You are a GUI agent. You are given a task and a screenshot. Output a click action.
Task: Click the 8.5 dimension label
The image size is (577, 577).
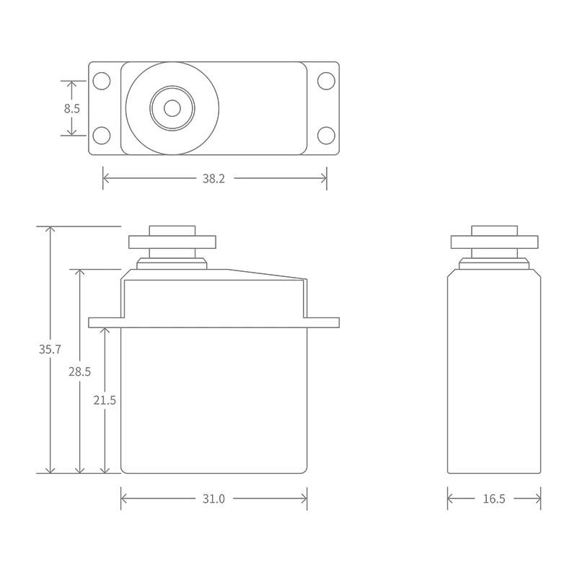click(x=71, y=109)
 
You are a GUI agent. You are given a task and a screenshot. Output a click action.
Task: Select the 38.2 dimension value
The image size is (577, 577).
click(x=213, y=178)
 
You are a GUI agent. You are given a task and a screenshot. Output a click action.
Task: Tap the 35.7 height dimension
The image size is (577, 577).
click(x=50, y=349)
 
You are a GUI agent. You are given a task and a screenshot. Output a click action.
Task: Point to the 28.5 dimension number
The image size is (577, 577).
click(x=79, y=371)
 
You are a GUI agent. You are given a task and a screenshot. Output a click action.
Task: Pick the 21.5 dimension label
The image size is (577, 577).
click(x=105, y=400)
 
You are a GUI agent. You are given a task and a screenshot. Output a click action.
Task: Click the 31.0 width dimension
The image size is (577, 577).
click(x=213, y=498)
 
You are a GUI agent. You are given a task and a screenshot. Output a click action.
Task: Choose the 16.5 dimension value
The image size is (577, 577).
click(x=494, y=498)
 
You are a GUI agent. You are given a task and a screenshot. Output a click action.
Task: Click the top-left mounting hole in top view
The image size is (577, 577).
click(x=102, y=81)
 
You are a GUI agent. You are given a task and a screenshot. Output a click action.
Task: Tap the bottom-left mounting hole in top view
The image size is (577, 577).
click(x=102, y=136)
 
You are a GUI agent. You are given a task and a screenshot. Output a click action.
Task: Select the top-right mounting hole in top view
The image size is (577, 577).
click(x=326, y=81)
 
